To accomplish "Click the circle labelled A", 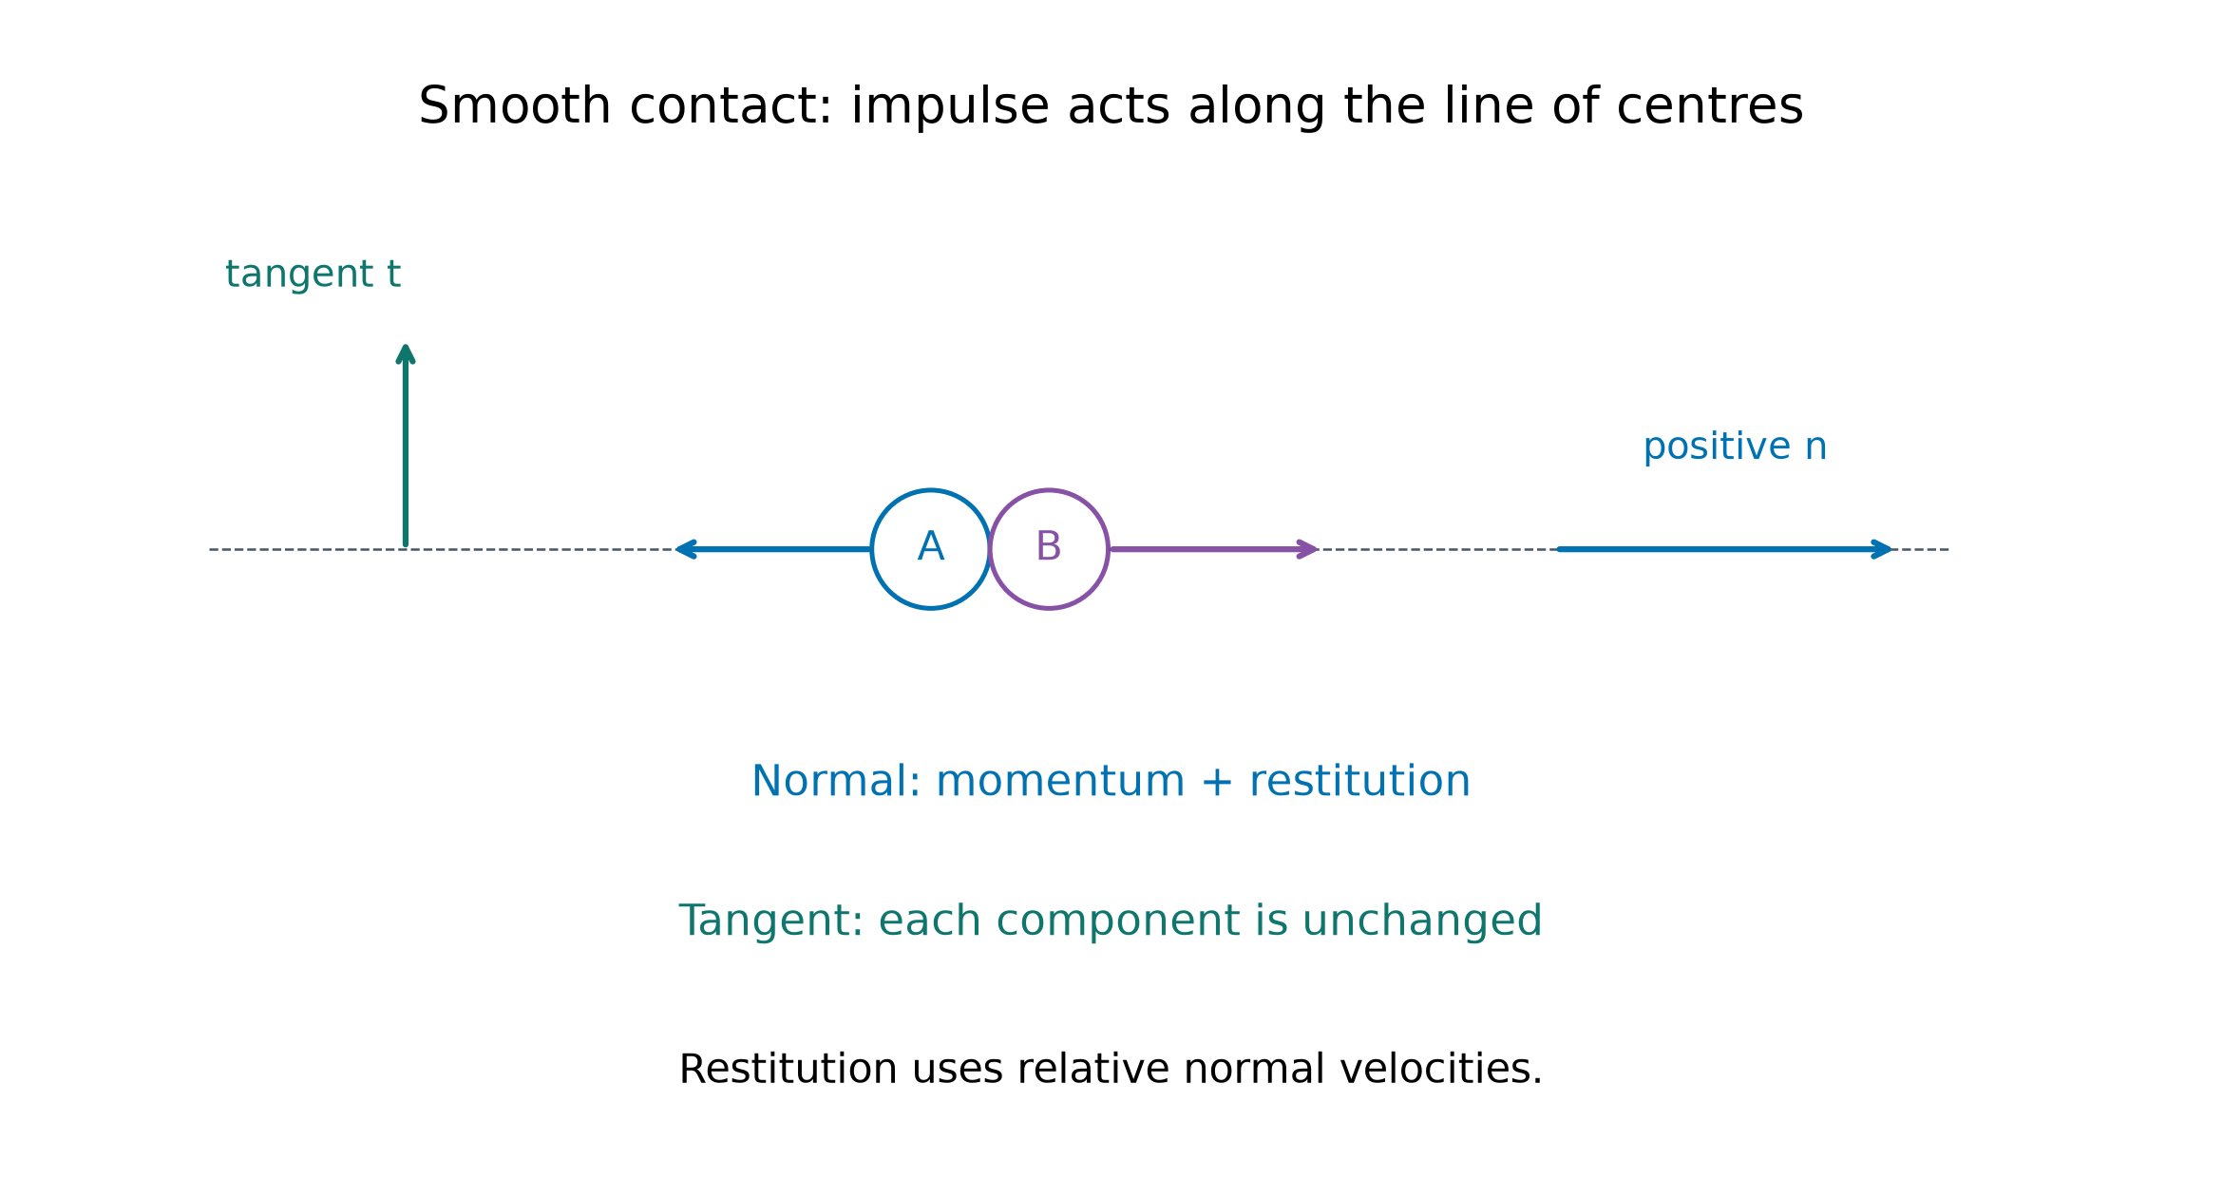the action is [873, 549].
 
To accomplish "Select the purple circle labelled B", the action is [1108, 549].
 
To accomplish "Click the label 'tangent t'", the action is [313, 275].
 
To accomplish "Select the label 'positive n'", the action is [1735, 446].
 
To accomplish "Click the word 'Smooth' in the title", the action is [515, 105].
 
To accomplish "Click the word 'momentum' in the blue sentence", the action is [1061, 782].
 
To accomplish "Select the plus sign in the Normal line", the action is [1217, 782].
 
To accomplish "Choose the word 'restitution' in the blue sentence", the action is [1359, 781].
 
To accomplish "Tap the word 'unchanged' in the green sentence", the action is [1422, 921].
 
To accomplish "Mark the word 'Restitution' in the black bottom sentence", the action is [788, 1069].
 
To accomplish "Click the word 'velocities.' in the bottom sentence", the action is [1434, 1069].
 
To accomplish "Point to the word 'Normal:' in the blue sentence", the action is [836, 781].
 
